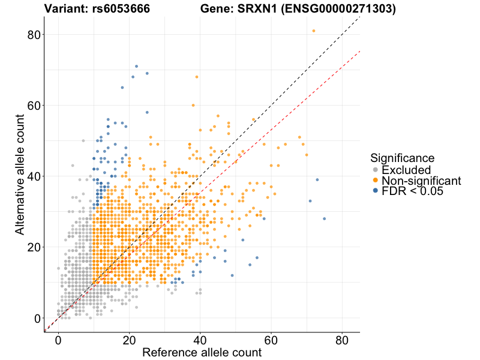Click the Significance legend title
coord(402,158)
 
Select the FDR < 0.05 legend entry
coord(412,191)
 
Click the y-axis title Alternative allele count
coord(20,177)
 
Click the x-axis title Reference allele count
coord(202,352)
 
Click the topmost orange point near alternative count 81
coord(314,31)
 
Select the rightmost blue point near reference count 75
coord(324,219)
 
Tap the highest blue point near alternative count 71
coord(136,66)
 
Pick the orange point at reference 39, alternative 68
coord(196,77)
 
